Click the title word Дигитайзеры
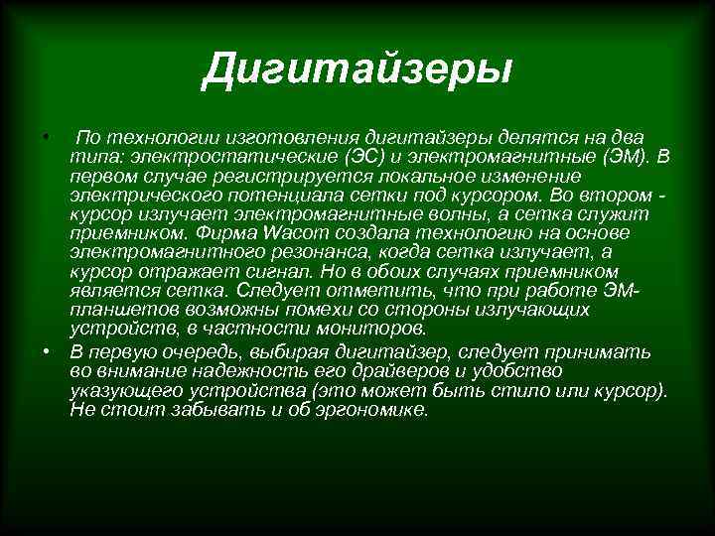357,69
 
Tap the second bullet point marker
45,352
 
